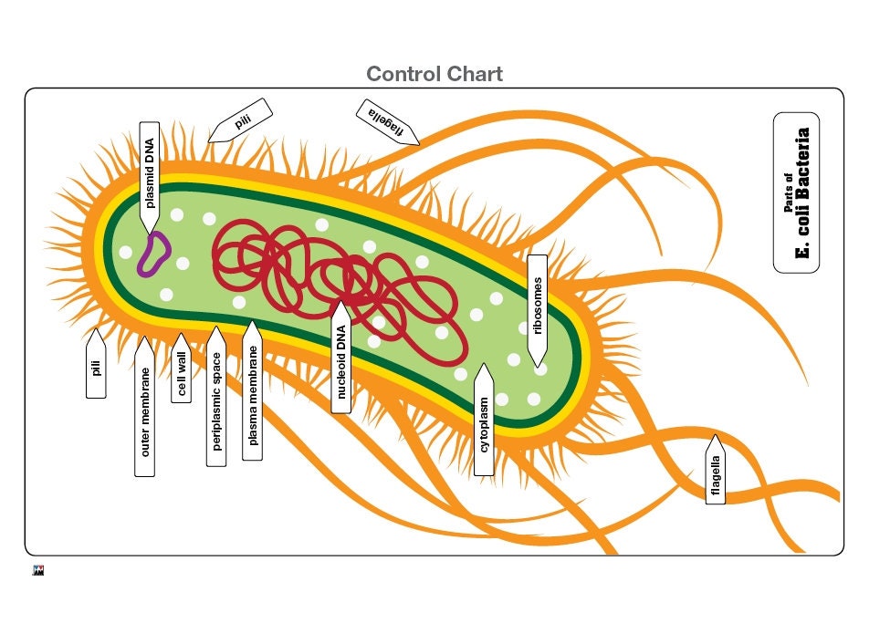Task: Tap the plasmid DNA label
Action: pyautogui.click(x=150, y=173)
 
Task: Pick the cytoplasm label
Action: pyautogui.click(x=484, y=423)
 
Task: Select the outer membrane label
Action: pyautogui.click(x=145, y=410)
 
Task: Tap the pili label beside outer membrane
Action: pyautogui.click(x=96, y=367)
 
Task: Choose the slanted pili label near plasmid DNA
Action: pyautogui.click(x=240, y=120)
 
